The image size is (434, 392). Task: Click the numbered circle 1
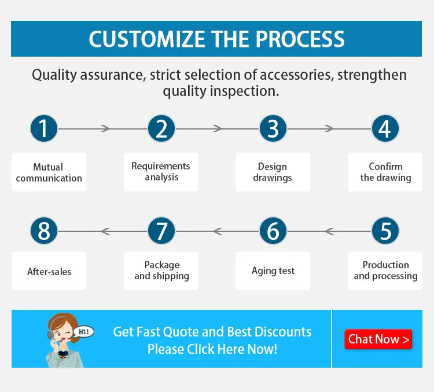point(44,128)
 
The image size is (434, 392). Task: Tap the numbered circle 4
point(385,128)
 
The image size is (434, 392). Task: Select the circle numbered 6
point(273,231)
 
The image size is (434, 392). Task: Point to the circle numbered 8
point(44,231)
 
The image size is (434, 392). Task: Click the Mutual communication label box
point(49,172)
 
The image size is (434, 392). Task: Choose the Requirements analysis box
point(161,172)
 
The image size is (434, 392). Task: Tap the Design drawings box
point(273,172)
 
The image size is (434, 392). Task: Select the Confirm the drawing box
point(385,172)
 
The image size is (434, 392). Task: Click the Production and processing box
point(385,271)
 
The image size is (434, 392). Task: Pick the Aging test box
point(273,271)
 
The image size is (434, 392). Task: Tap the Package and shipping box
point(161,271)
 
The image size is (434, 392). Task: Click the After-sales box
point(49,271)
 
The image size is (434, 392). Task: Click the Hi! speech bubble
point(83,332)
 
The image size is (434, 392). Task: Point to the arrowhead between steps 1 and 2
point(105,128)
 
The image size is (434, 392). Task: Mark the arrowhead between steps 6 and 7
point(218,231)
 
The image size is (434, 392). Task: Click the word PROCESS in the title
point(300,39)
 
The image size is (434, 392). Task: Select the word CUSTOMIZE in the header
point(147,39)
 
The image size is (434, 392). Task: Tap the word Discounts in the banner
point(282,332)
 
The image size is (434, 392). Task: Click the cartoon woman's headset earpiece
point(50,335)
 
